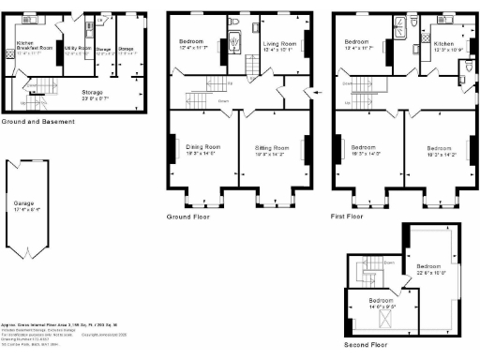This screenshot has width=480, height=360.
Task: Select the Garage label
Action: pyautogui.click(x=23, y=202)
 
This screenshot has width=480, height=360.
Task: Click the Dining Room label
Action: pyautogui.click(x=200, y=147)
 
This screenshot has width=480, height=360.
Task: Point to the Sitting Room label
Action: pyautogui.click(x=272, y=147)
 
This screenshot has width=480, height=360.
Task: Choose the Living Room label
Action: pyautogui.click(x=281, y=42)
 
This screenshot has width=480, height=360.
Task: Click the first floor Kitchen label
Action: pyautogui.click(x=443, y=43)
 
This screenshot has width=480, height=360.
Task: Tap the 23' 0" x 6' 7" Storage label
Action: pyautogui.click(x=91, y=92)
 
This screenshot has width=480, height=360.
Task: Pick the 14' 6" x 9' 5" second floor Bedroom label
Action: pyautogui.click(x=372, y=302)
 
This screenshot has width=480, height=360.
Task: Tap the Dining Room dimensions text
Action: pyautogui.click(x=200, y=153)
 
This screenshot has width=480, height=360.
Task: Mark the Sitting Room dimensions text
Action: pyautogui.click(x=272, y=153)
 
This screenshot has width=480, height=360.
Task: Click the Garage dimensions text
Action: pyautogui.click(x=23, y=208)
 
